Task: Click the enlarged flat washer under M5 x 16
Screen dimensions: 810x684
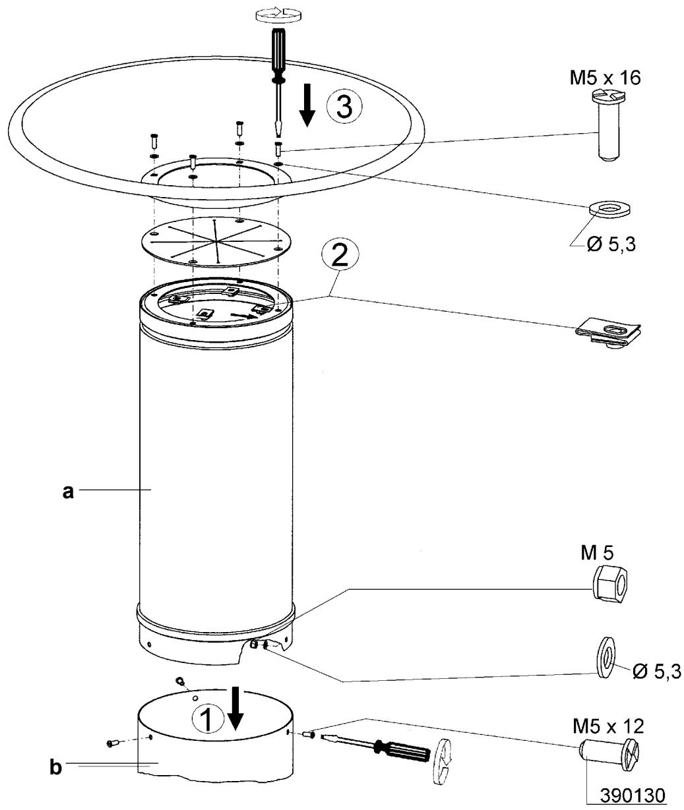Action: tap(608, 209)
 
